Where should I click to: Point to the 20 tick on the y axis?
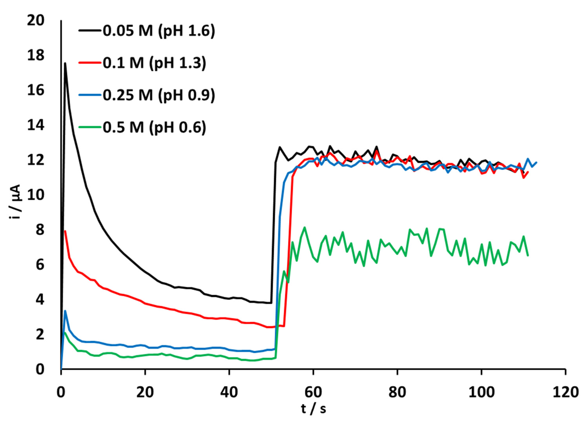point(36,21)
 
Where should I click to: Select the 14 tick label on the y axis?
point(36,126)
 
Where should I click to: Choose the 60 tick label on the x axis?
point(313,393)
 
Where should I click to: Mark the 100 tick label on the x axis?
point(481,393)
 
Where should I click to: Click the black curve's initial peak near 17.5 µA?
point(65,63)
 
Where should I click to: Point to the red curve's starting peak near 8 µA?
point(65,231)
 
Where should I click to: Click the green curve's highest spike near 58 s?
point(305,227)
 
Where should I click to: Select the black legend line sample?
point(90,31)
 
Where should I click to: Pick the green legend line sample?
point(90,127)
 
